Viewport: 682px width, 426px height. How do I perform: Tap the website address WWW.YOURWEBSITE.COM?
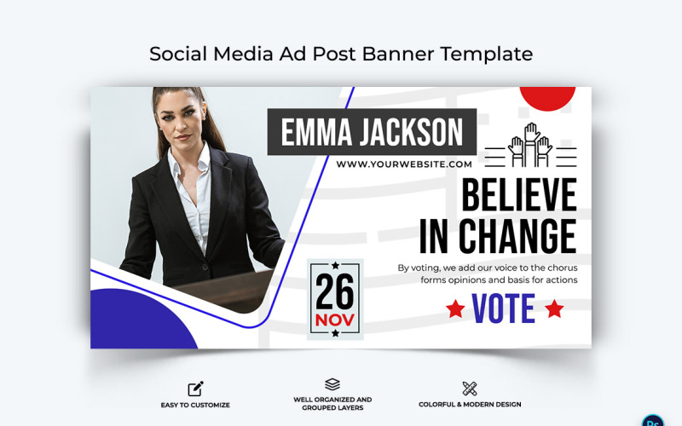pyautogui.click(x=404, y=164)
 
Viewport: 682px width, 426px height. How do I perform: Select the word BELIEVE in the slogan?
pyautogui.click(x=518, y=195)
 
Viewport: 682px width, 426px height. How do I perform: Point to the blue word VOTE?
pyautogui.click(x=504, y=308)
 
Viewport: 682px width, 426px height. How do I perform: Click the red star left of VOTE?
pyautogui.click(x=455, y=308)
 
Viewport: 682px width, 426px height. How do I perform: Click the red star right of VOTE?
pyautogui.click(x=554, y=308)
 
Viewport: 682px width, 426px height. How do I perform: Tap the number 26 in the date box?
pyautogui.click(x=334, y=292)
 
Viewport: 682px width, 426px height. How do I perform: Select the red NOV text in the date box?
pyautogui.click(x=334, y=319)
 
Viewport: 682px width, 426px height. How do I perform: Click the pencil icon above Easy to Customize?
pyautogui.click(x=195, y=389)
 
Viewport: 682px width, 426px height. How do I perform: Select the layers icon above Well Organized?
pyautogui.click(x=332, y=385)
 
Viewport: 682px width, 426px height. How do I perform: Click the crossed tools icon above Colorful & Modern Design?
pyautogui.click(x=469, y=389)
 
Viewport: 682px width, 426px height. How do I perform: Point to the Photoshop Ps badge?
pyautogui.click(x=653, y=419)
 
